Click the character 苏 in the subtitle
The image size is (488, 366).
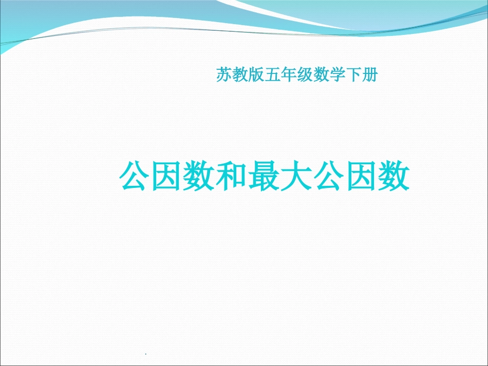[x=224, y=76]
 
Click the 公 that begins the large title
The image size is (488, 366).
[x=135, y=178]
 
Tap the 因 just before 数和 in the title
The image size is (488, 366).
[x=167, y=178]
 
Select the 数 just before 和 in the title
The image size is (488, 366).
[x=199, y=178]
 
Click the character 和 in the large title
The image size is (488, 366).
[x=232, y=178]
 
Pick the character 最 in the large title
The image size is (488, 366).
[x=264, y=178]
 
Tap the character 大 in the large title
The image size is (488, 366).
[x=296, y=178]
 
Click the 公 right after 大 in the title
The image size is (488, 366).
[x=329, y=178]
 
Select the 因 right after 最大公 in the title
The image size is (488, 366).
[x=361, y=178]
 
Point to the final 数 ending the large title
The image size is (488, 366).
[x=393, y=178]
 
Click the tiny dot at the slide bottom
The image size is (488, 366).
[x=146, y=354]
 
